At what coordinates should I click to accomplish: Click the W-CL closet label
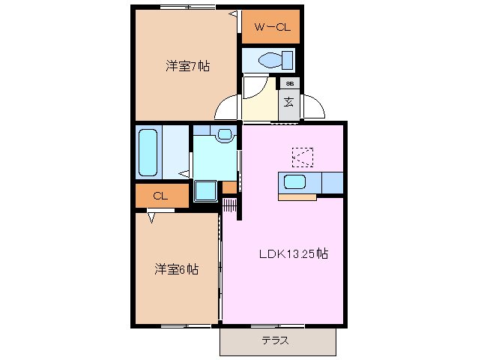270,28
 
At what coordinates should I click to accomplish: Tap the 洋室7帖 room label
187,66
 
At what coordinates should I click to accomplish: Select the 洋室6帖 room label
177,269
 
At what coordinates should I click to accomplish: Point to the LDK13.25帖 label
293,253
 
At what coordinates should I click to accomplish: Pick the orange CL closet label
159,196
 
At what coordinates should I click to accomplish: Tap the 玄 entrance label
288,101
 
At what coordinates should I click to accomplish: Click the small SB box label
289,83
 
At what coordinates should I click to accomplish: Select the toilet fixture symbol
267,59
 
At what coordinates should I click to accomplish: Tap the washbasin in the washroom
224,134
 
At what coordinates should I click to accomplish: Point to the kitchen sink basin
294,181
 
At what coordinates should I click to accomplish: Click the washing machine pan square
205,191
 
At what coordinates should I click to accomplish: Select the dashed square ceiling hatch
303,156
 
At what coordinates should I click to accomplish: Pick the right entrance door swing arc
314,106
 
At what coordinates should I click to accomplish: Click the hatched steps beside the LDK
229,204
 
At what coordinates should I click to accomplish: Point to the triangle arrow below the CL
152,217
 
